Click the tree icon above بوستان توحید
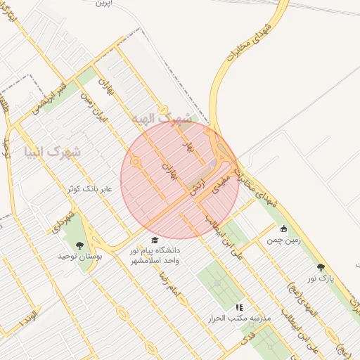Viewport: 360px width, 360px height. [79, 245]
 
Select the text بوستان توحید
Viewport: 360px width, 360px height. [80, 257]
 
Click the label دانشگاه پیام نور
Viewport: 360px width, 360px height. [155, 250]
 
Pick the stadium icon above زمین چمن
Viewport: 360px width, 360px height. [283, 229]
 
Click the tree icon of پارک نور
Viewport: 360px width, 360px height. [321, 267]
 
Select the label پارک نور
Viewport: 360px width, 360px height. [321, 278]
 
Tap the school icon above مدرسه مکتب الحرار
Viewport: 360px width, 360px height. [239, 307]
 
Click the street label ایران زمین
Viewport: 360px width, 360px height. [94, 105]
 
